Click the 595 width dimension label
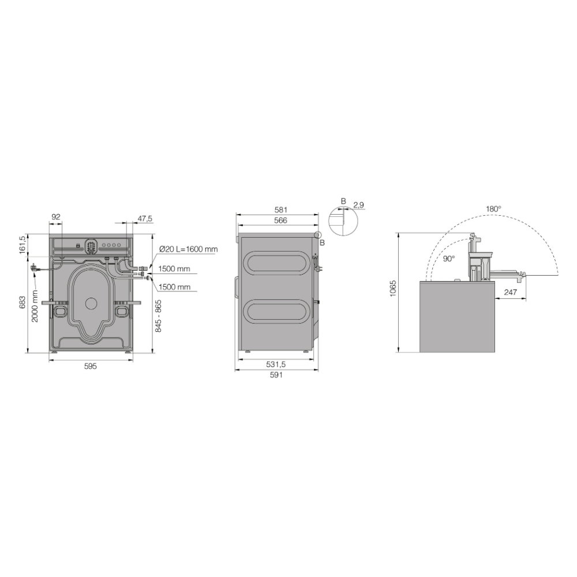[x=91, y=366]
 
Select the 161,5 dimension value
[x=23, y=244]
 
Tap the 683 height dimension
[x=23, y=302]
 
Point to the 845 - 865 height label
[x=158, y=316]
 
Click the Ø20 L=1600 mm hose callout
[x=189, y=249]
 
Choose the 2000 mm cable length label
[x=35, y=306]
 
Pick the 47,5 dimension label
[x=145, y=219]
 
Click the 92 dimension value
[x=55, y=217]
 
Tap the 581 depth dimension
[x=281, y=210]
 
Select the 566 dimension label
[x=281, y=220]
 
